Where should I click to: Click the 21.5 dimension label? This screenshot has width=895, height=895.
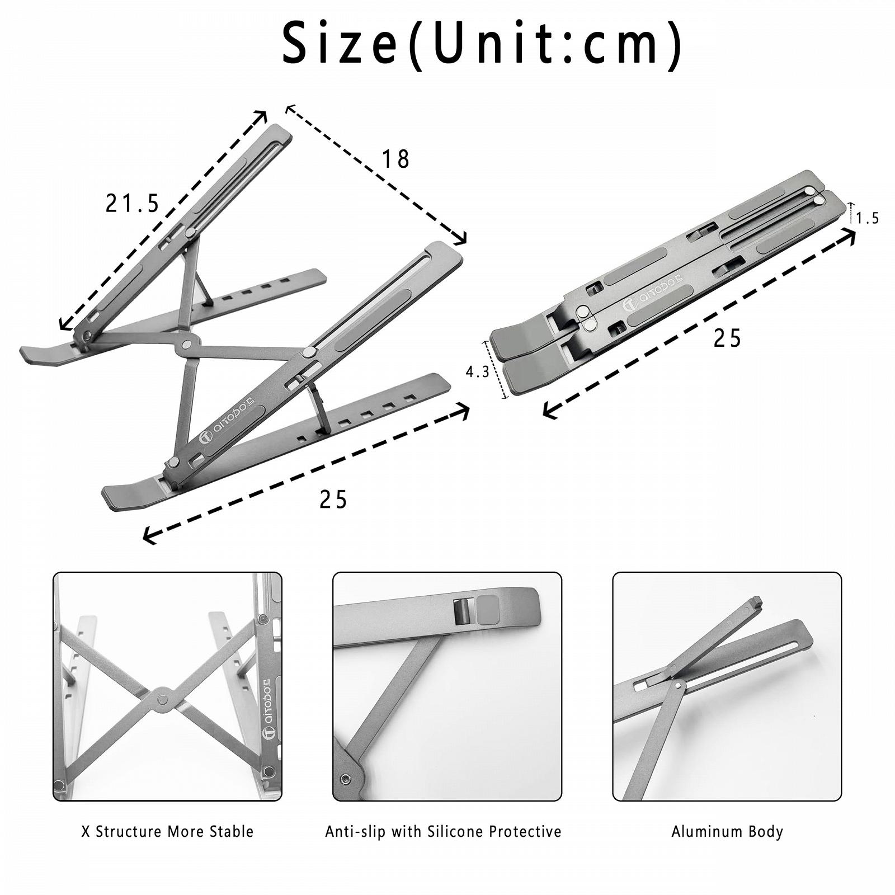[x=133, y=203]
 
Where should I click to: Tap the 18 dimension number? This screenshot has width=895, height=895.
[x=395, y=159]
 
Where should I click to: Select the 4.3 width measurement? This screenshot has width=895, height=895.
[x=478, y=371]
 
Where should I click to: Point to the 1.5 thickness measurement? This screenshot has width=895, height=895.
[x=868, y=218]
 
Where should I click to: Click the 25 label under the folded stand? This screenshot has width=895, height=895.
[x=727, y=338]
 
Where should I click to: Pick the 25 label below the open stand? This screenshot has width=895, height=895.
[x=333, y=500]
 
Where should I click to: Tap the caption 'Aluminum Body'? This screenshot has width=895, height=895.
[x=727, y=832]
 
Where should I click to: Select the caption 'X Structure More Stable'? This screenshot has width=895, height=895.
[x=167, y=832]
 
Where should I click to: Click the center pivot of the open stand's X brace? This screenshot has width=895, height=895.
[x=186, y=345]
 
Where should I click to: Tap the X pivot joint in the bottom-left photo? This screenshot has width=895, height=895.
[x=162, y=699]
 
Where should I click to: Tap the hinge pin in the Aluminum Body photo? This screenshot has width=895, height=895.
[x=679, y=684]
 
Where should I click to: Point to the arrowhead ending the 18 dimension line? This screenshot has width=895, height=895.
[x=461, y=239]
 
